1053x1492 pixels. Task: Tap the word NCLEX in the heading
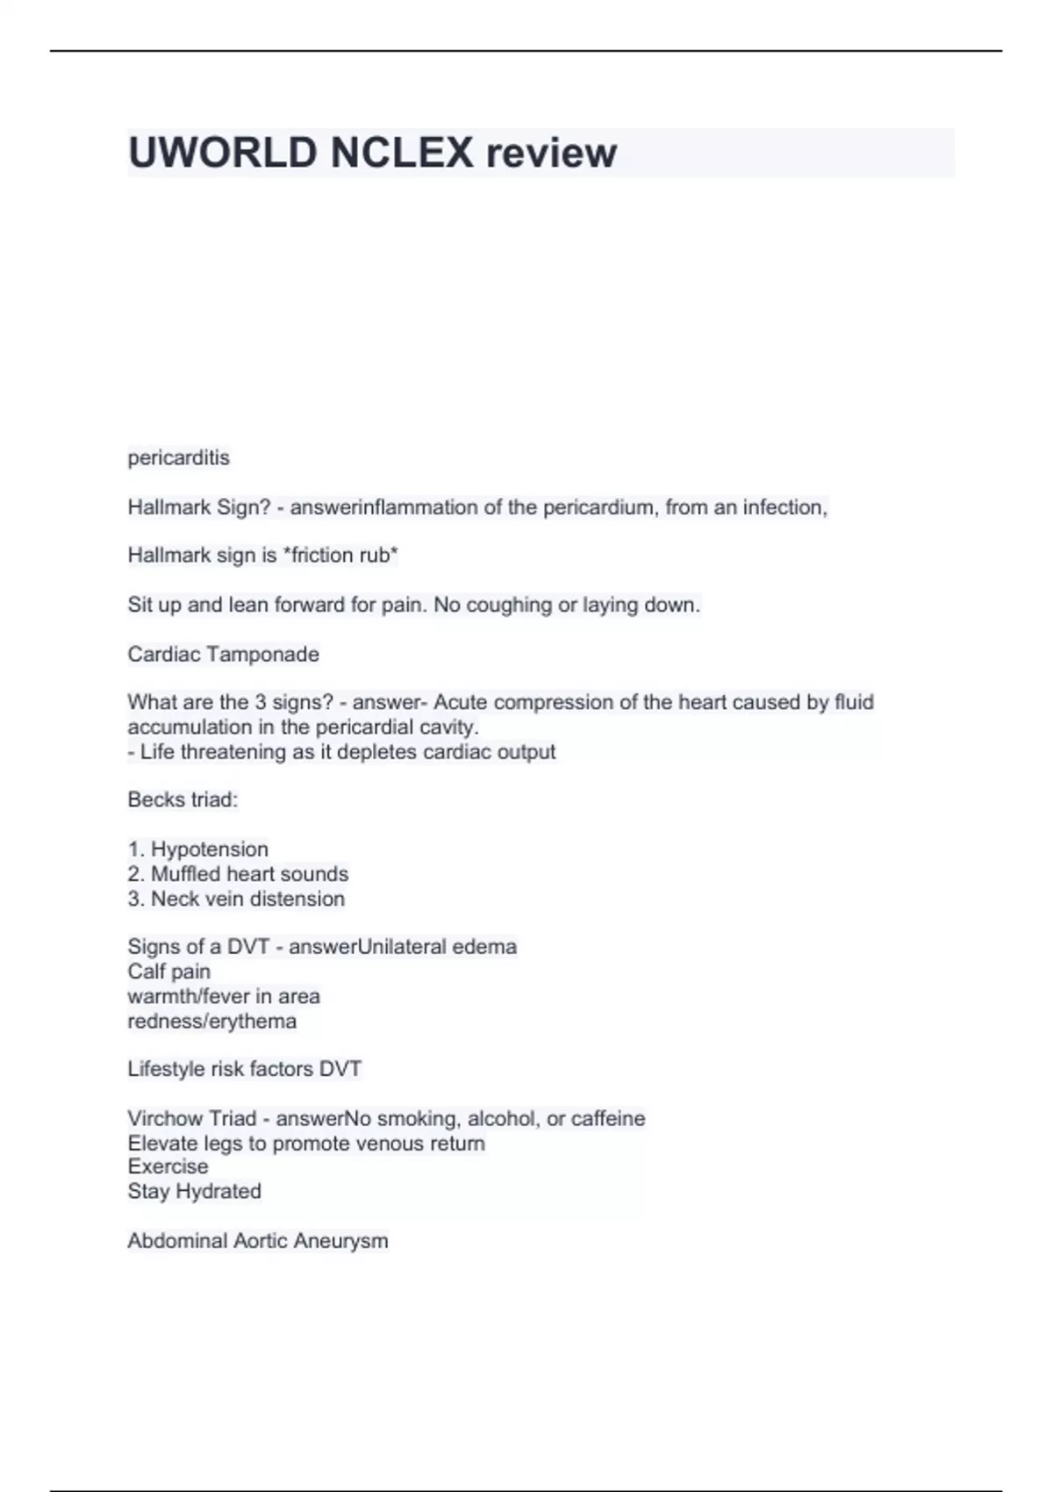(x=401, y=153)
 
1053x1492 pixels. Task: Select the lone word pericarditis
(x=178, y=457)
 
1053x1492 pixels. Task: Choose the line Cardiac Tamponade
(x=223, y=654)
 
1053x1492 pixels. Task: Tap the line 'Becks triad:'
(x=183, y=800)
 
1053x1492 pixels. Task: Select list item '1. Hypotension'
(x=197, y=849)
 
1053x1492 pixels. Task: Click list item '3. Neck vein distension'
(x=236, y=899)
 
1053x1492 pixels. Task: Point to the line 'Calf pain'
(x=168, y=972)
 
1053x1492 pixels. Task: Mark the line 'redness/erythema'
(x=211, y=1021)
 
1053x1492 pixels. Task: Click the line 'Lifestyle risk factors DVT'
(x=244, y=1069)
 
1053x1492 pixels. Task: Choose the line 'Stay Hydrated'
(x=194, y=1191)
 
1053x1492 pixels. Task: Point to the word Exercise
(x=168, y=1166)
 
